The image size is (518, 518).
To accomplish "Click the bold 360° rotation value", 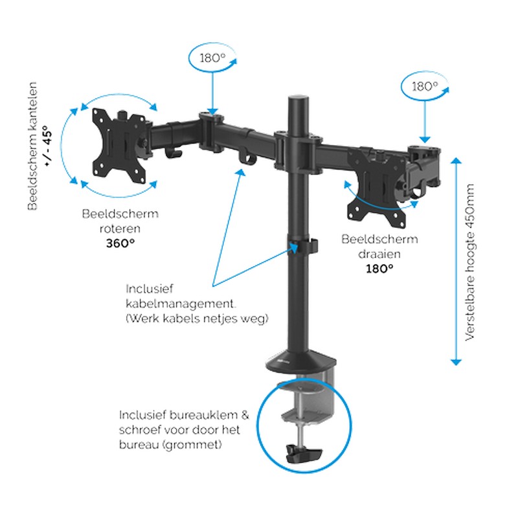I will click(120, 243).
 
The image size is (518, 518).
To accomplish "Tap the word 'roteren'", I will click(120, 228).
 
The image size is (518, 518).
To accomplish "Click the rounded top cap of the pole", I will click(299, 103).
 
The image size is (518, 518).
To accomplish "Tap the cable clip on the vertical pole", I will click(302, 247).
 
